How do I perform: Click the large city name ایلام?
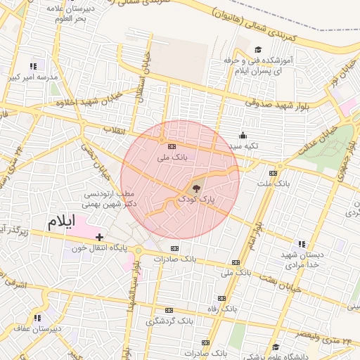pyautogui.click(x=60, y=221)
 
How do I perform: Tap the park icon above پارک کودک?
pyautogui.click(x=196, y=188)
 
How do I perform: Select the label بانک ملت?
pyautogui.click(x=273, y=184)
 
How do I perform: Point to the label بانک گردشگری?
pyautogui.click(x=169, y=321)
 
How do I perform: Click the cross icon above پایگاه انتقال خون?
pyautogui.click(x=100, y=237)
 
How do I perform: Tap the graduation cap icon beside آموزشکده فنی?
pyautogui.click(x=257, y=50)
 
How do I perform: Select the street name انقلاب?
pyautogui.click(x=113, y=130)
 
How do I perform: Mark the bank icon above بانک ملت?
pyautogui.click(x=273, y=173)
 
